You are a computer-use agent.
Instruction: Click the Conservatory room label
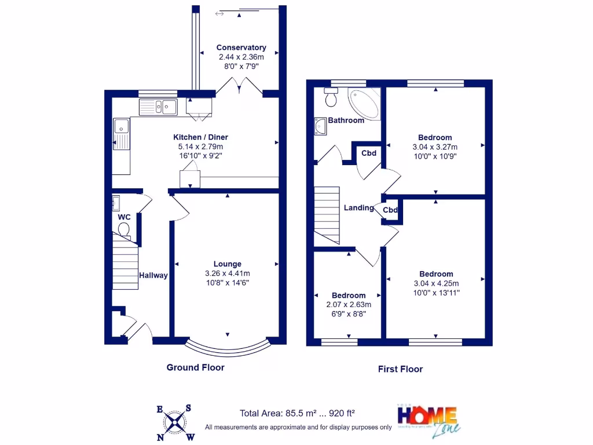coord(241,48)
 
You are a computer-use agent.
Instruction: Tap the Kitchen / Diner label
coord(201,137)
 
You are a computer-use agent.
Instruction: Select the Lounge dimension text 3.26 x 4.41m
coord(228,273)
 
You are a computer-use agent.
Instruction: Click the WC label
coord(125,217)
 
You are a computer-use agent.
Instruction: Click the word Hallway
coord(153,276)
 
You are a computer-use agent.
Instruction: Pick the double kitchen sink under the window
coord(158,107)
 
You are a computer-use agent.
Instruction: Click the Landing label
coord(358,208)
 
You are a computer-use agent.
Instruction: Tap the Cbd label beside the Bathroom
coord(369,154)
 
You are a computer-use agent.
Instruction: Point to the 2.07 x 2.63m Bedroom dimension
coord(349,305)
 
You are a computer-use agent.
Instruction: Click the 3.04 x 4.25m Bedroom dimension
coord(436,283)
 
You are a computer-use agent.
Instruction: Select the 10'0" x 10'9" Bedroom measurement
coord(435,156)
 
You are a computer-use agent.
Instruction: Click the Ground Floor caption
coord(195,367)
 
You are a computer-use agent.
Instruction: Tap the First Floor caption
coord(400,369)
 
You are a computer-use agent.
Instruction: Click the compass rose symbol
coord(174,422)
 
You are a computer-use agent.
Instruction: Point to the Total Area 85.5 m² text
coord(298,414)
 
